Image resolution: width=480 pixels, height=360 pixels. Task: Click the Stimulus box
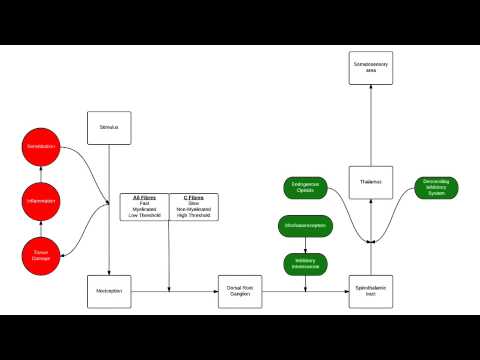click(x=109, y=127)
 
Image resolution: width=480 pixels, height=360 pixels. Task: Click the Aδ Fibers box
click(x=144, y=207)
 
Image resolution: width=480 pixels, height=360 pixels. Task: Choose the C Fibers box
click(x=194, y=207)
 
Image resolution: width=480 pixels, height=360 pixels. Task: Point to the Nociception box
click(x=109, y=291)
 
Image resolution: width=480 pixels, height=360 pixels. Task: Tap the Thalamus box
click(x=370, y=181)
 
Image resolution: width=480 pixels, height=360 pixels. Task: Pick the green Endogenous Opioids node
click(x=305, y=187)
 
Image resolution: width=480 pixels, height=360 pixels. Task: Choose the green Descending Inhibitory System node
click(x=435, y=187)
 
